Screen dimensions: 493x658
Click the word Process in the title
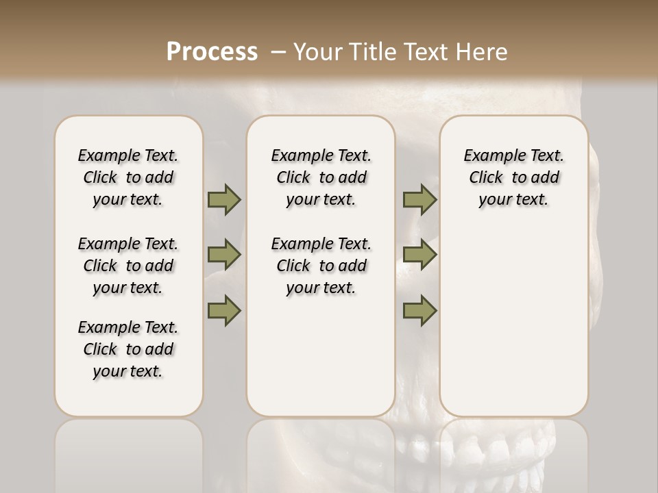click(212, 51)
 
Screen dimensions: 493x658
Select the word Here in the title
click(481, 51)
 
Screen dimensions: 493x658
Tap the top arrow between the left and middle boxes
click(224, 199)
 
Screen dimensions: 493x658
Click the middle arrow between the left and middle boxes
click(224, 255)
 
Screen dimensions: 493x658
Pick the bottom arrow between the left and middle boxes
click(224, 310)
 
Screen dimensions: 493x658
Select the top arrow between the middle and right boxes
click(419, 199)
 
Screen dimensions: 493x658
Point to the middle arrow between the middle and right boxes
click(419, 255)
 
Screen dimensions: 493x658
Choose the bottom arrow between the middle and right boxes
click(419, 310)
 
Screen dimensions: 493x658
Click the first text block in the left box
click(128, 177)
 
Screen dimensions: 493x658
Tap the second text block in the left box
click(128, 266)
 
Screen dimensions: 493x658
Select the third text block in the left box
click(128, 349)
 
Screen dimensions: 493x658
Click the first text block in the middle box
click(321, 177)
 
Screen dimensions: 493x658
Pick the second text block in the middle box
click(321, 266)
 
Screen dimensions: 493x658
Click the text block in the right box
click(513, 177)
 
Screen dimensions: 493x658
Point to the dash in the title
click(278, 52)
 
